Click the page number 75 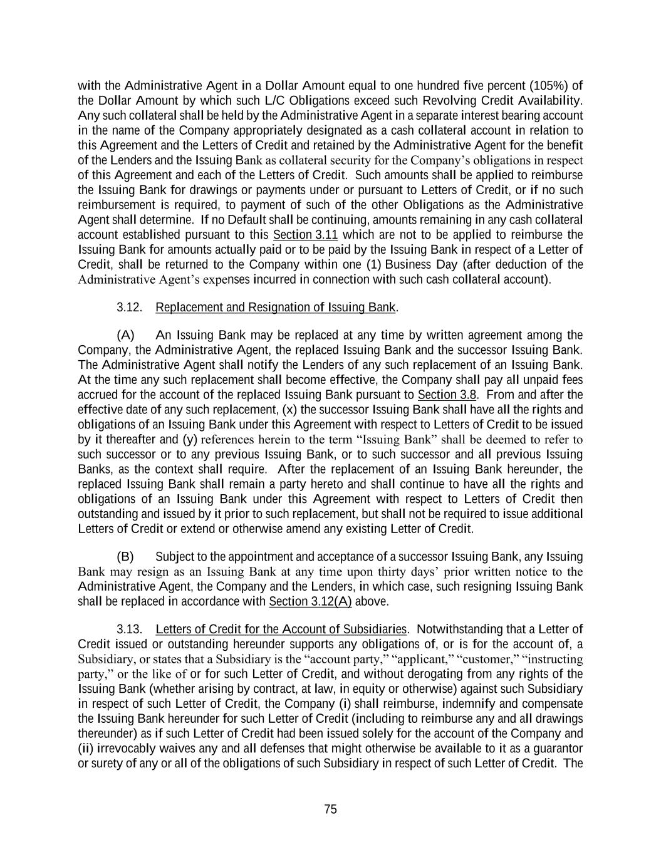coord(331,809)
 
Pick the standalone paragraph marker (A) coord(125,335)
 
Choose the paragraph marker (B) coord(125,557)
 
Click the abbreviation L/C coord(276,101)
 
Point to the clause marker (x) coord(289,410)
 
